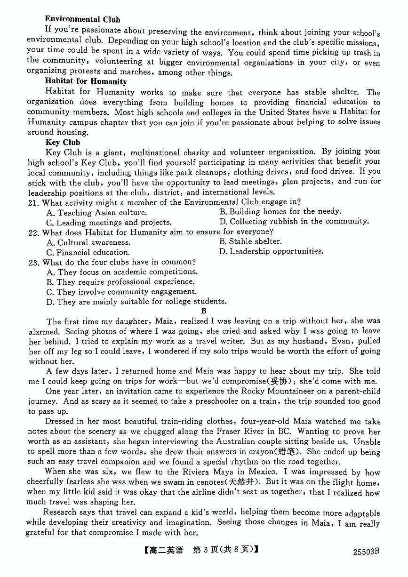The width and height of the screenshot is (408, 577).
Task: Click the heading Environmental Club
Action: click(83, 19)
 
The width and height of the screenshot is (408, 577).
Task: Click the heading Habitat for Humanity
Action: click(86, 81)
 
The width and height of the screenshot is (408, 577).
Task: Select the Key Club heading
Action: click(63, 142)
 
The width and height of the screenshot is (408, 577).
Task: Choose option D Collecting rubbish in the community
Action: click(294, 221)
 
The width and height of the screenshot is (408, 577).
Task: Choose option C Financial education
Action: click(88, 252)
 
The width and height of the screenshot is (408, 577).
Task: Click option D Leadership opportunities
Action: click(272, 251)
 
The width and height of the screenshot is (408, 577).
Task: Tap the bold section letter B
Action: click(204, 311)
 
